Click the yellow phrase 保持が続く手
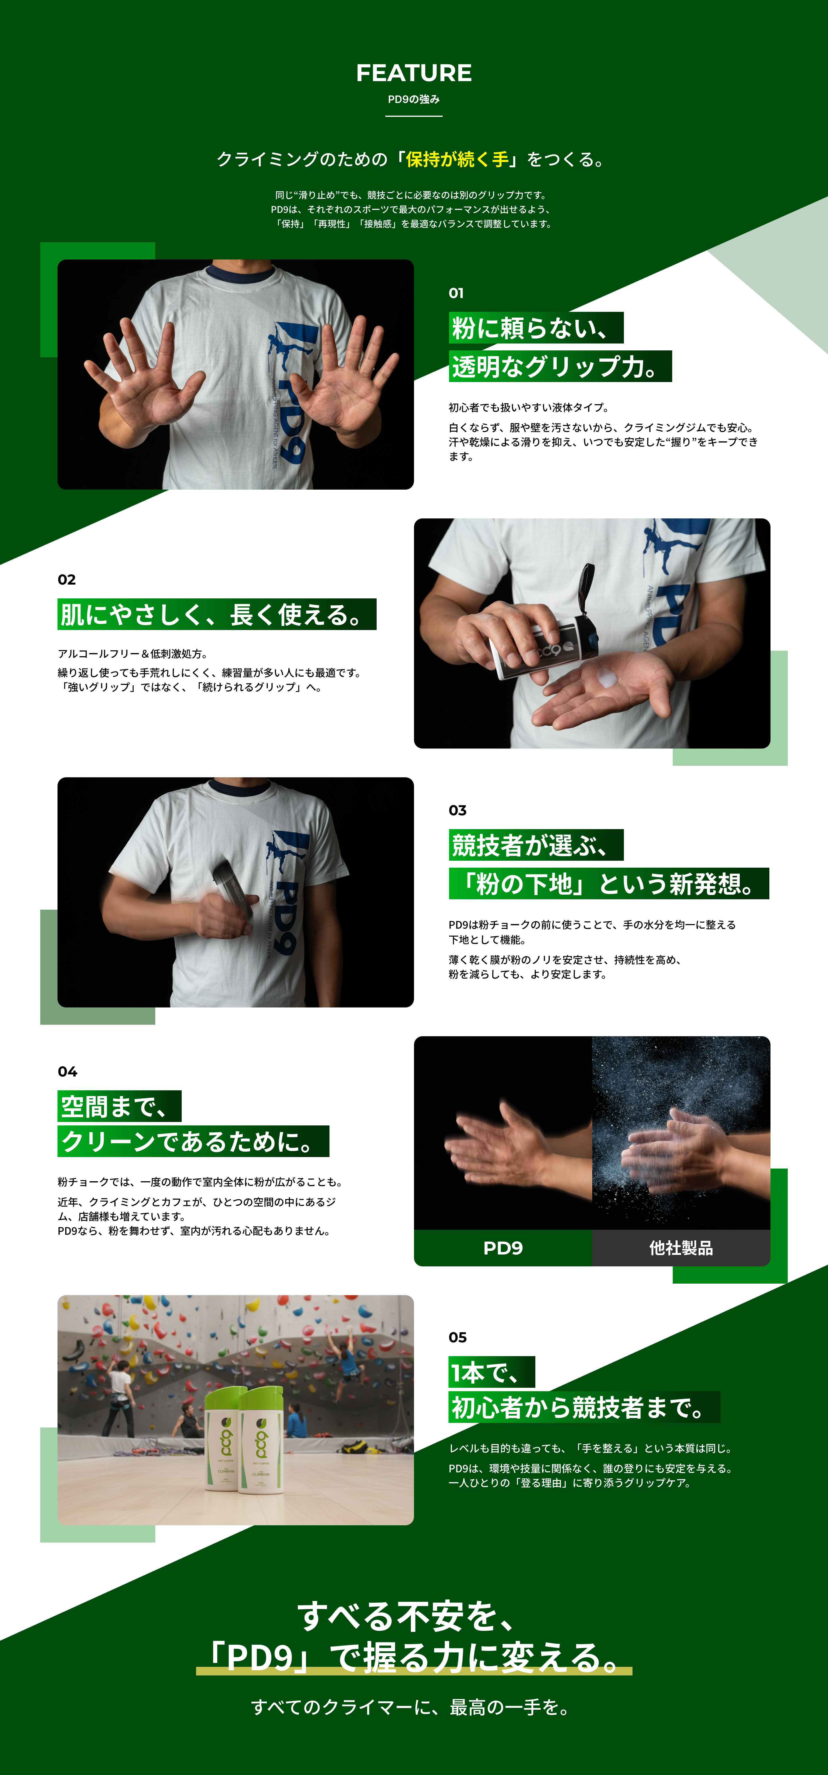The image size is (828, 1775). coord(457,159)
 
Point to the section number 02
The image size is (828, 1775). coord(67,579)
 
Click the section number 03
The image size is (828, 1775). coord(457,810)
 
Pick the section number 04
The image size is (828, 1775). coord(68,1072)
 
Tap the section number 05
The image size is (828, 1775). coord(457,1337)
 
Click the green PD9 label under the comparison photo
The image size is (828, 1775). coord(503,1248)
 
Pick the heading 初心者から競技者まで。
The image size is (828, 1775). coord(584,1407)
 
